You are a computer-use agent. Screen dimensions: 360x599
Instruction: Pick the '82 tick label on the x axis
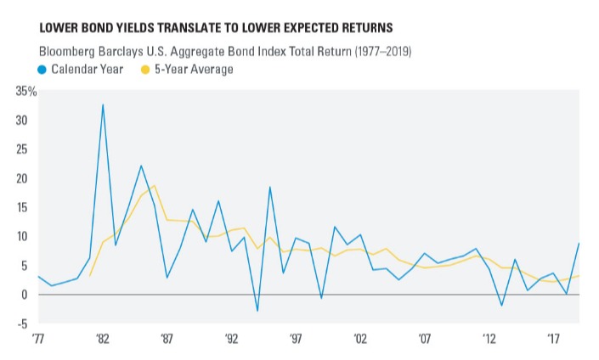click(x=103, y=339)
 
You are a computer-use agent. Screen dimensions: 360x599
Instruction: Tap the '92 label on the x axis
click(x=231, y=339)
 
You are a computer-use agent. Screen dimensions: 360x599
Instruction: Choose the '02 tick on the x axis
click(x=360, y=339)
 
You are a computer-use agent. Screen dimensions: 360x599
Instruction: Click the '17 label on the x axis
click(x=553, y=339)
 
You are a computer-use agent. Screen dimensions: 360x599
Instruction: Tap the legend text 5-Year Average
click(x=191, y=69)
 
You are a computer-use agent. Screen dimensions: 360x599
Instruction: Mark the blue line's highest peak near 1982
click(x=103, y=104)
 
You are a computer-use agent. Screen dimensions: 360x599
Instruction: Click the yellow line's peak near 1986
click(x=154, y=185)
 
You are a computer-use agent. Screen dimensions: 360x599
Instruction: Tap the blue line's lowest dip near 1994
click(x=257, y=311)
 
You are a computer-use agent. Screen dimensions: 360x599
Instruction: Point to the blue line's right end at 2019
click(x=579, y=244)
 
